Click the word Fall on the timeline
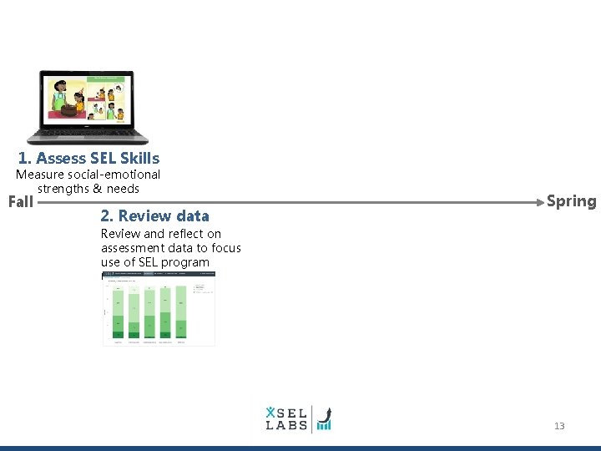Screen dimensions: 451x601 (20, 201)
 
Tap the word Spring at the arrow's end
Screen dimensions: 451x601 (571, 201)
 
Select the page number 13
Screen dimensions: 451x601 (559, 426)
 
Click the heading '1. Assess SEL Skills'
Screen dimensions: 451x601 (88, 158)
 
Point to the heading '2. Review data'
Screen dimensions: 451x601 (154, 215)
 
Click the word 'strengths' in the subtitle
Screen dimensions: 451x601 (63, 189)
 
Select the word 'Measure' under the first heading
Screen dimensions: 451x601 (40, 175)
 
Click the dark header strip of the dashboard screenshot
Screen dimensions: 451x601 (159, 274)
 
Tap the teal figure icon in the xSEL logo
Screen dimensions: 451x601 (270, 412)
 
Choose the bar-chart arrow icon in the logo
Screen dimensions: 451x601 (324, 419)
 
